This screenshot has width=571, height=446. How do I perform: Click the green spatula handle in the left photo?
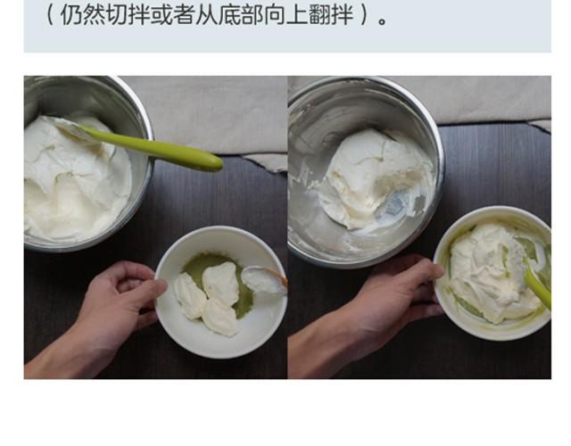pyautogui.click(x=153, y=147)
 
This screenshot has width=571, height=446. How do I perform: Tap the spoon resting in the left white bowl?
pyautogui.click(x=265, y=279)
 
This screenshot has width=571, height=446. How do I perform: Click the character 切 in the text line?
pyautogui.click(x=118, y=14)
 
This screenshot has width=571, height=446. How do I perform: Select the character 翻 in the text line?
pyautogui.click(x=319, y=14)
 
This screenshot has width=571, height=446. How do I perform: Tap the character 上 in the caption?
pyautogui.click(x=297, y=14)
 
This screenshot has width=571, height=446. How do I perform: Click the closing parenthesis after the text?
pyautogui.click(x=365, y=15)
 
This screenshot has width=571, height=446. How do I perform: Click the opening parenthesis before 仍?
pyautogui.click(x=50, y=15)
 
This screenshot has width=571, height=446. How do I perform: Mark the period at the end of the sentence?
pyautogui.click(x=382, y=21)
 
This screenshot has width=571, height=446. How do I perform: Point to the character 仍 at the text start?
pyautogui.click(x=72, y=14)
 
